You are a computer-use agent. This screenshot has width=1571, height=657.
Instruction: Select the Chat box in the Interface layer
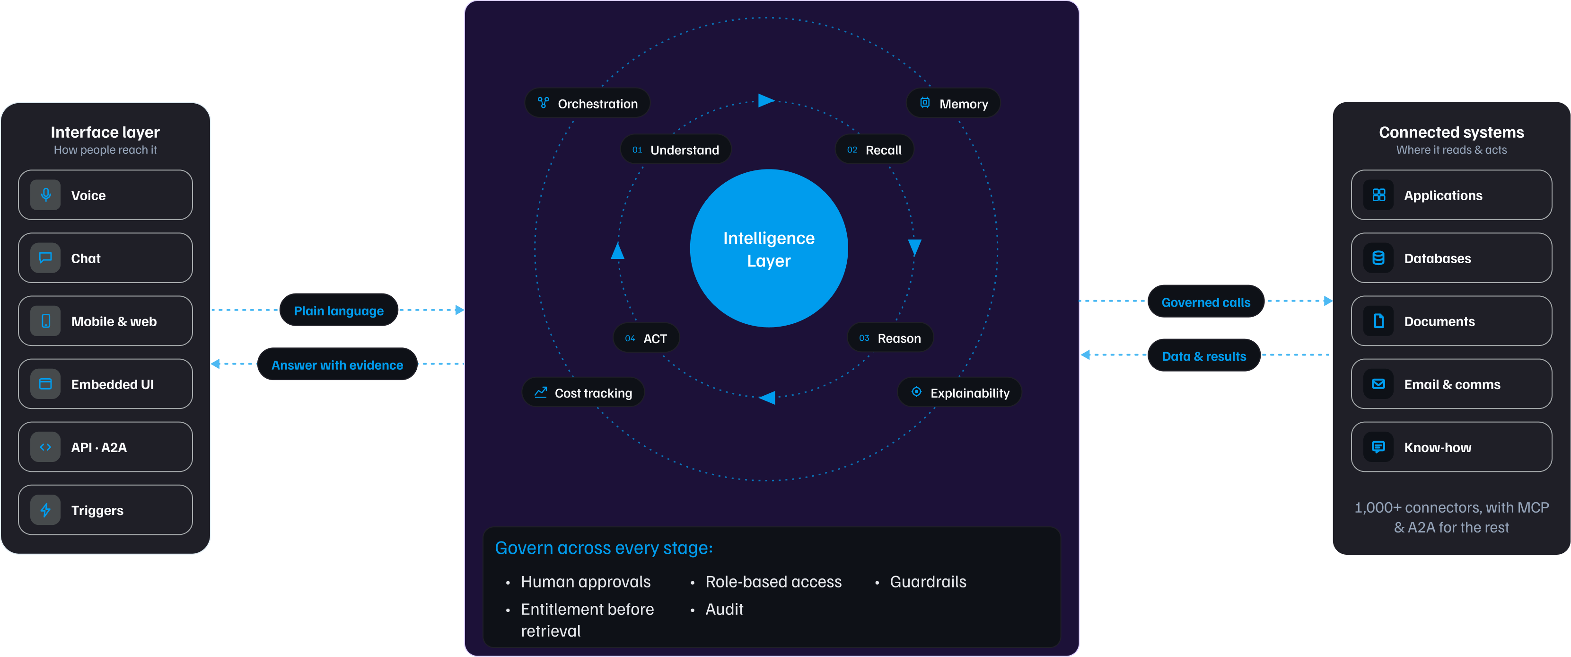pos(105,258)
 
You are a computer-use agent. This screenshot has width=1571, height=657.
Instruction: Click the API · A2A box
pos(105,447)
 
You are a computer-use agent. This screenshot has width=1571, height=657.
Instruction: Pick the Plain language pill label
pos(339,311)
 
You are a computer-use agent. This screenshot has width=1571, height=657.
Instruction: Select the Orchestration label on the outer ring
pos(588,104)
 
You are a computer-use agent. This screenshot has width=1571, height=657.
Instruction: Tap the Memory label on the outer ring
pos(953,104)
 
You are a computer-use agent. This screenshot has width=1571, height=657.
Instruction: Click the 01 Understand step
pos(676,150)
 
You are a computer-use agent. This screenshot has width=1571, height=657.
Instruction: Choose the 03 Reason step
pos(890,338)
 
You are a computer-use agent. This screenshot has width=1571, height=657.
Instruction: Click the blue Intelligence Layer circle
pos(769,249)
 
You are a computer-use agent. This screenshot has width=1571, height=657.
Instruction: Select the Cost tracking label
pos(584,393)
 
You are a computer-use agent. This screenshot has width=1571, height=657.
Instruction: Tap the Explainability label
pos(960,393)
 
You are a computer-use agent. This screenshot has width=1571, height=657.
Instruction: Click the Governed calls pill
pos(1206,302)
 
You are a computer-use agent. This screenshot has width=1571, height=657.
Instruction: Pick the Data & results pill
pos(1204,355)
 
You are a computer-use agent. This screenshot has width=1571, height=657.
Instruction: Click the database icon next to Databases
pos(1378,258)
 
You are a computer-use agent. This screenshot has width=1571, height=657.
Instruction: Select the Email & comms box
pos(1451,384)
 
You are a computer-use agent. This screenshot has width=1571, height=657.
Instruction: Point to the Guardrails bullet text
pos(928,582)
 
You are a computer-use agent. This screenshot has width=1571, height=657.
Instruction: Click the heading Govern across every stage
pos(604,548)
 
